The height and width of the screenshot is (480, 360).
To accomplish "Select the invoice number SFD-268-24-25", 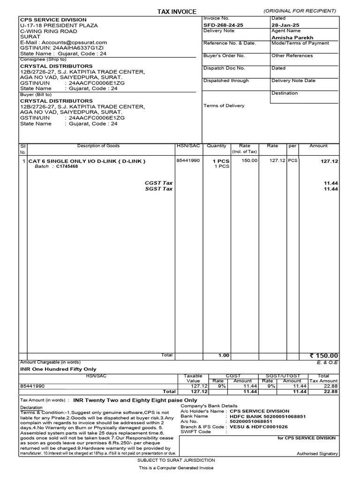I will [x=223, y=25].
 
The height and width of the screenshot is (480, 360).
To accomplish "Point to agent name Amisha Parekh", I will [x=292, y=37].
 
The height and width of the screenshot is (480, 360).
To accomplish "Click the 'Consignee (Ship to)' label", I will [x=39, y=60].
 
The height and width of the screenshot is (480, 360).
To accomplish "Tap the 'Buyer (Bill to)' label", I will [x=35, y=94].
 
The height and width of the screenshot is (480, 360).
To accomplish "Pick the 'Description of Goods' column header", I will [x=98, y=146].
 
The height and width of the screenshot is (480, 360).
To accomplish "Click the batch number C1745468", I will [x=67, y=166].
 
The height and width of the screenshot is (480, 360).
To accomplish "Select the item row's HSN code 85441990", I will [x=188, y=161].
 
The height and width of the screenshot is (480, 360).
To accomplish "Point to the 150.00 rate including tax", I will [x=249, y=161].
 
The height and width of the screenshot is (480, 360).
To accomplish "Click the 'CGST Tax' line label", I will [x=159, y=183].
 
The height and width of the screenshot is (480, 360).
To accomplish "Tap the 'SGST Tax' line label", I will [x=159, y=189].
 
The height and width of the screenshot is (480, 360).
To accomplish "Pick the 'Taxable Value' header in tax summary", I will [x=194, y=378].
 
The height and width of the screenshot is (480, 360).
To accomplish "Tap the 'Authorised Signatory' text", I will [x=317, y=454].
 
